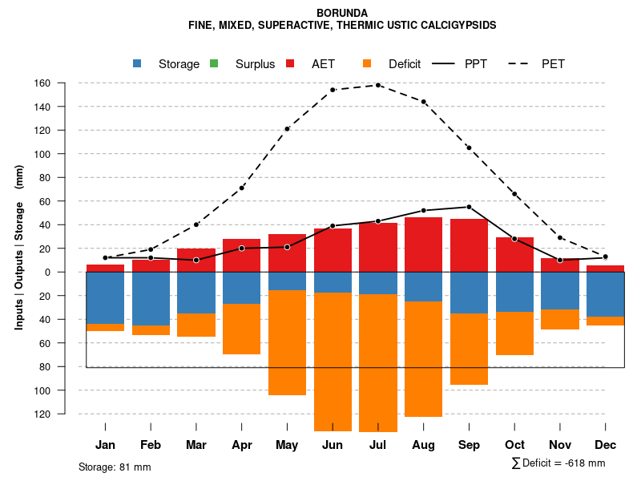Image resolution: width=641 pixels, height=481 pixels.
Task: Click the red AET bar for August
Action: coord(424,245)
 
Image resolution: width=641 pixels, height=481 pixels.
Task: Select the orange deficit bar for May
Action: coord(287,342)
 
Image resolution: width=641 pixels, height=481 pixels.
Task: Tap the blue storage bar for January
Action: coord(105,297)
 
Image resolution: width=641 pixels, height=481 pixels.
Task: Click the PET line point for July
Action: coord(378,85)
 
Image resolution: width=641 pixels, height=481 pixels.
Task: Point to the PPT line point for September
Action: coord(469,207)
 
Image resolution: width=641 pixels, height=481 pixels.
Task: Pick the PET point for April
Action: coord(241,188)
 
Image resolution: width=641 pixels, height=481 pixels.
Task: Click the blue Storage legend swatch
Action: coord(138,63)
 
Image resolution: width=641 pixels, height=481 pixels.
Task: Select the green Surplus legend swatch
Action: coord(214,63)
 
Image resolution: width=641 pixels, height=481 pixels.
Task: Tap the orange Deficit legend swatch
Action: coord(366,63)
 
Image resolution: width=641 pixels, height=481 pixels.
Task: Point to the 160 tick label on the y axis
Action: coord(65,83)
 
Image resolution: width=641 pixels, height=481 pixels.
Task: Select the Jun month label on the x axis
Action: coord(333,445)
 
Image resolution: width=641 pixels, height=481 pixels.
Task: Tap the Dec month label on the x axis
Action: coord(606,445)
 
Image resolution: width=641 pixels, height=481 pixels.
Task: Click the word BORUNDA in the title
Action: coord(342,13)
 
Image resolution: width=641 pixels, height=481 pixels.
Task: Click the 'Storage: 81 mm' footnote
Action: coord(115,467)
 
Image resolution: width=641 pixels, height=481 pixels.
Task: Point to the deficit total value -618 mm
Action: coord(583,463)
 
